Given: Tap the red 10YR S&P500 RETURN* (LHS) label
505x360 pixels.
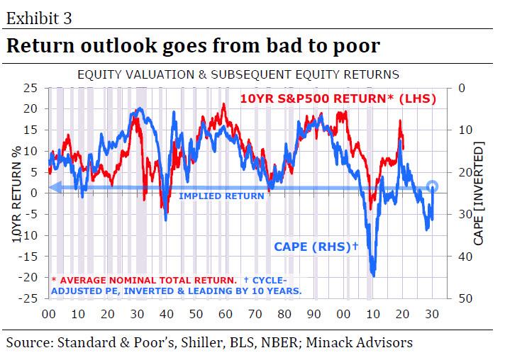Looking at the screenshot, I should click(337, 99).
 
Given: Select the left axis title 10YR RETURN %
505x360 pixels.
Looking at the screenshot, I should click(16, 193).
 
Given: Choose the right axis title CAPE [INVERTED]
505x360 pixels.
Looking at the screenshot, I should click(479, 193).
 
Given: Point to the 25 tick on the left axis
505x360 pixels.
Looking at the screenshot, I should click(30, 88).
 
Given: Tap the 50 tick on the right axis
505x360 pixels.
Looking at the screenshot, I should click(465, 298).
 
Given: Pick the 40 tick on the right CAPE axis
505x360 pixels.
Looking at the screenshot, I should click(465, 257).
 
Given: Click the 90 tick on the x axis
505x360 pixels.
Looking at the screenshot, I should click(313, 313).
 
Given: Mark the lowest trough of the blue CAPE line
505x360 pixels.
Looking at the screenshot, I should click(373, 275).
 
